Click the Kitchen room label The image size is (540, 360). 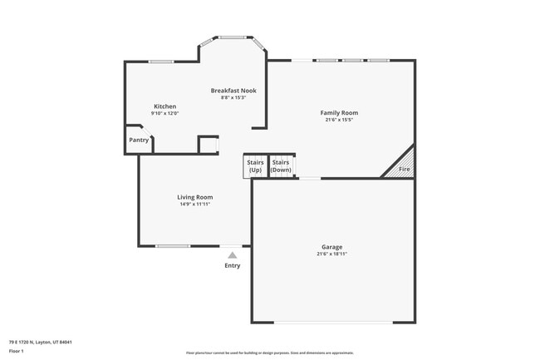pyautogui.click(x=164, y=106)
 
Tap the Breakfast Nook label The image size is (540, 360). pyautogui.click(x=233, y=90)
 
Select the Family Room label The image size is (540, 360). pyautogui.click(x=339, y=112)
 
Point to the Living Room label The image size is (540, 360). pyautogui.click(x=195, y=197)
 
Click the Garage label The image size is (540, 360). pyautogui.click(x=332, y=247)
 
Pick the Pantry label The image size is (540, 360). pyautogui.click(x=139, y=141)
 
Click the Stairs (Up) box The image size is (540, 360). pyautogui.click(x=255, y=165)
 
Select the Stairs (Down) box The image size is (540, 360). pyautogui.click(x=281, y=165)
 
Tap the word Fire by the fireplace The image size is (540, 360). pyautogui.click(x=405, y=170)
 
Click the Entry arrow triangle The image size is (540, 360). pyautogui.click(x=233, y=255)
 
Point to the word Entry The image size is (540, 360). pyautogui.click(x=233, y=265)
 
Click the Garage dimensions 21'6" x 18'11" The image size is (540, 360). pyautogui.click(x=332, y=254)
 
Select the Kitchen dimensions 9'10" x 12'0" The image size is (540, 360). pyautogui.click(x=164, y=114)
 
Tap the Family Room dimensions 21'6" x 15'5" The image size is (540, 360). pyautogui.click(x=339, y=120)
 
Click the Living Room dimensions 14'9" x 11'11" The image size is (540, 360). pyautogui.click(x=195, y=205)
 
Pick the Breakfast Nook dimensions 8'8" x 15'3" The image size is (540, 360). pyautogui.click(x=233, y=97)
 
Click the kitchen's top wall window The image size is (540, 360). pyautogui.click(x=161, y=62)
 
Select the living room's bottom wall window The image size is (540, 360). pyautogui.click(x=173, y=246)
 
